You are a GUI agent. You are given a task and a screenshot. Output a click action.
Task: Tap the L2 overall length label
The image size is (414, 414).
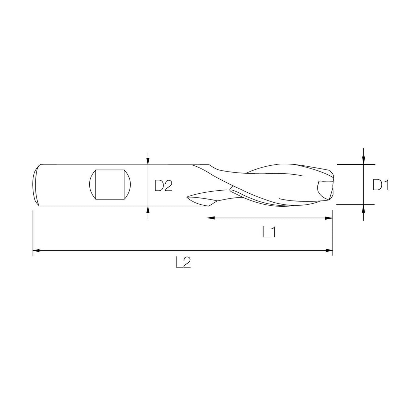click(183, 262)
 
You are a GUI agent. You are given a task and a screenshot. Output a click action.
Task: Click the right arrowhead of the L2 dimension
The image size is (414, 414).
click(329, 251)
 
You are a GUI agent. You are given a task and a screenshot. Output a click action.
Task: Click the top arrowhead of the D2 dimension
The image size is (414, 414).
click(148, 161)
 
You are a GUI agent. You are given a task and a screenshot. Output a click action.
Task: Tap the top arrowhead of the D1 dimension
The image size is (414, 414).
click(364, 161)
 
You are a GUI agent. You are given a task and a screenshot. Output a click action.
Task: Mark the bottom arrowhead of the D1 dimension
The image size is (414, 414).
click(364, 208)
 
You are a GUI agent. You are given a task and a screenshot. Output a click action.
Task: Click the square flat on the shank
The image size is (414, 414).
click(110, 184)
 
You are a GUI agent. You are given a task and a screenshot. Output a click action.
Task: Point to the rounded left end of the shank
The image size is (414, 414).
click(36, 185)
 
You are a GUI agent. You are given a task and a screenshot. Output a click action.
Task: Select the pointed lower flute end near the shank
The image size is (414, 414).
click(191, 197)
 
